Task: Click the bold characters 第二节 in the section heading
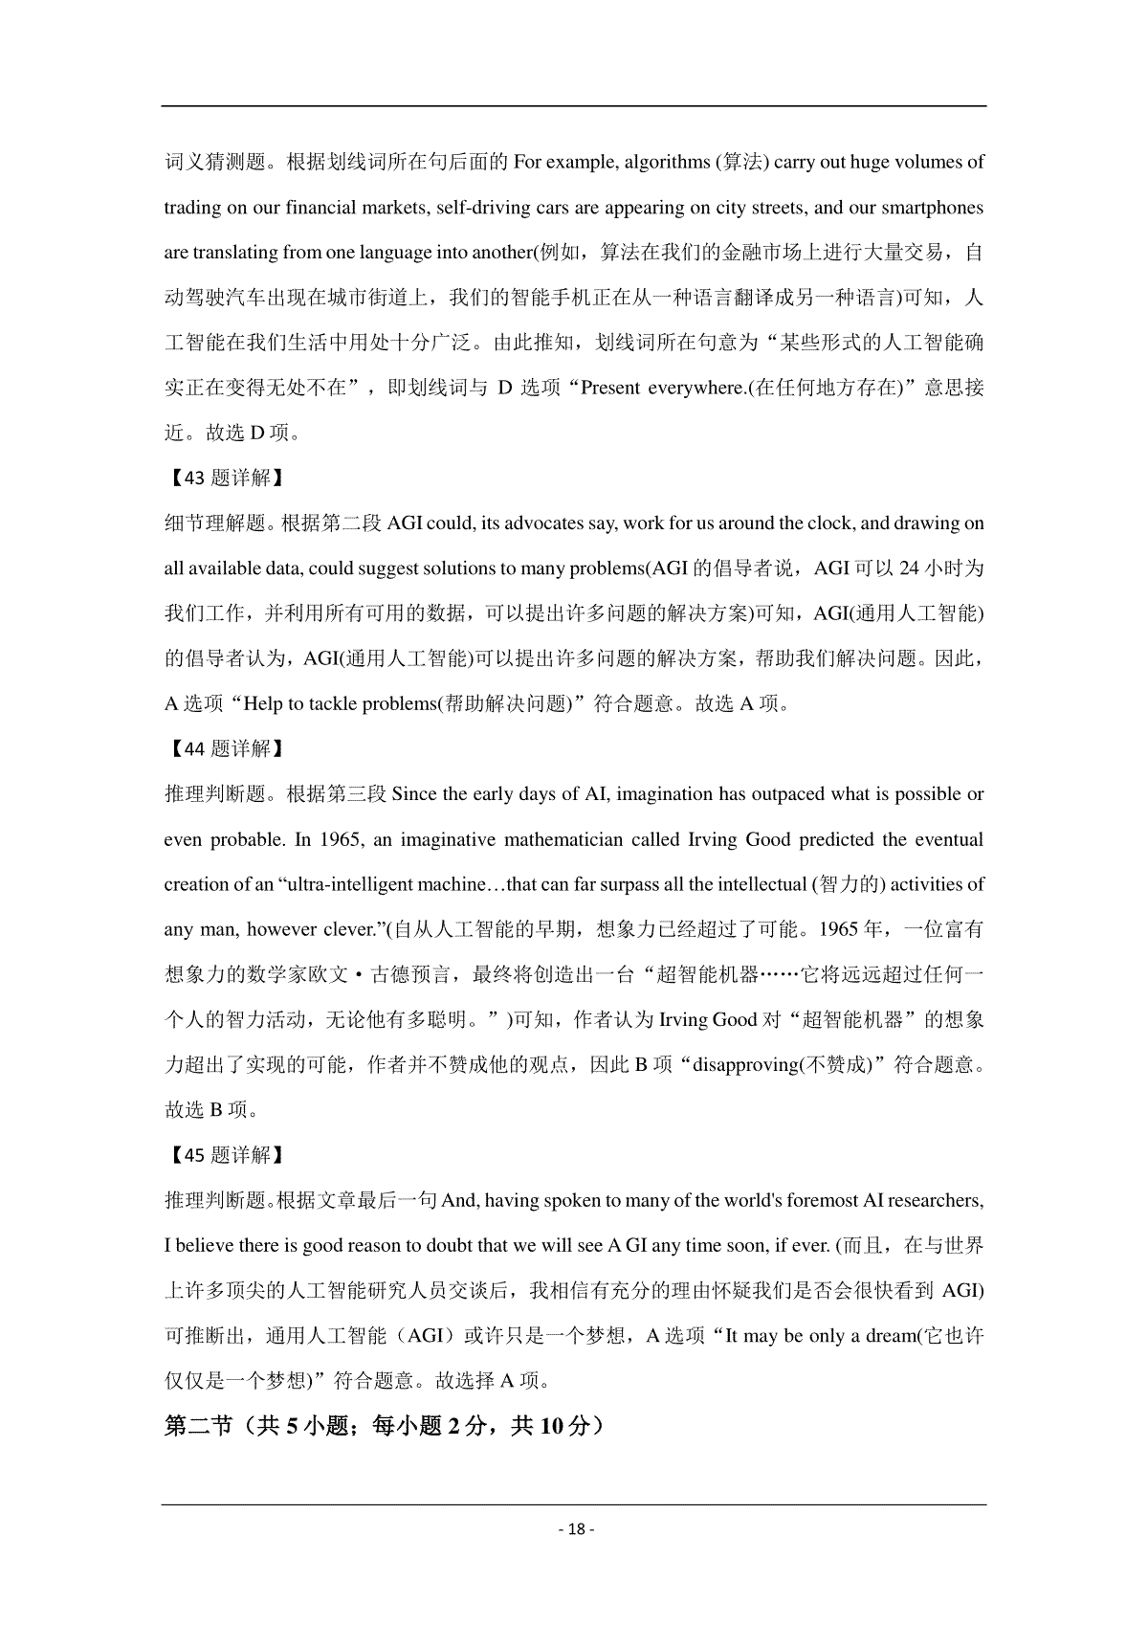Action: click(198, 1426)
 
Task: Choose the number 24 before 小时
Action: click(910, 568)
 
